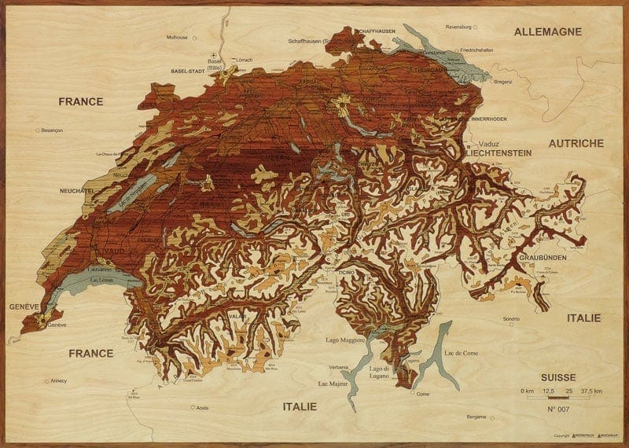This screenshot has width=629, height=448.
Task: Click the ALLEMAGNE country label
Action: [547, 32]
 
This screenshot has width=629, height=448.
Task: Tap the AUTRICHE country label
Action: [576, 143]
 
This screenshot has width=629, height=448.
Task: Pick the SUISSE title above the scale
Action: [559, 377]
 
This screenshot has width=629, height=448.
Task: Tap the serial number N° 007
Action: [560, 410]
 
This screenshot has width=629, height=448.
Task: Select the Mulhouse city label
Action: [178, 37]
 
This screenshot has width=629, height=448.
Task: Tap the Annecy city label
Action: [57, 381]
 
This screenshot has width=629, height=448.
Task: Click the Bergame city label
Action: [476, 417]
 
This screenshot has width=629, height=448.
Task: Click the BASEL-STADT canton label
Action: [188, 71]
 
